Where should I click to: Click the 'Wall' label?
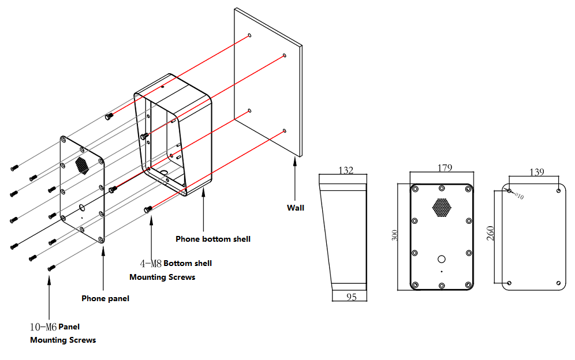point(296,208)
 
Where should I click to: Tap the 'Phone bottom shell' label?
point(213,239)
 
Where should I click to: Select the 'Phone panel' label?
point(105,298)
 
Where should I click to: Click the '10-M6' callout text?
point(43,327)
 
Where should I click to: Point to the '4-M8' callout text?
point(151,264)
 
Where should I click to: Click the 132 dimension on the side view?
point(345,170)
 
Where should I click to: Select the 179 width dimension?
point(445,168)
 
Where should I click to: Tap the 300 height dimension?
point(395,235)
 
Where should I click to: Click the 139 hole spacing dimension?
point(536,172)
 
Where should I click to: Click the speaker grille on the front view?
point(442,208)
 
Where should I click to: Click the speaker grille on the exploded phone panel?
point(81,165)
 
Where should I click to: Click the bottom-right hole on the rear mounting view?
point(558,283)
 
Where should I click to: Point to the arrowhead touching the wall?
point(296,160)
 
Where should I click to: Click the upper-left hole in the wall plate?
point(249,35)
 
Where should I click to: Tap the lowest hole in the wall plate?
point(285,131)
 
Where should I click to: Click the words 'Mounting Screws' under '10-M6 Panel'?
point(63,340)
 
